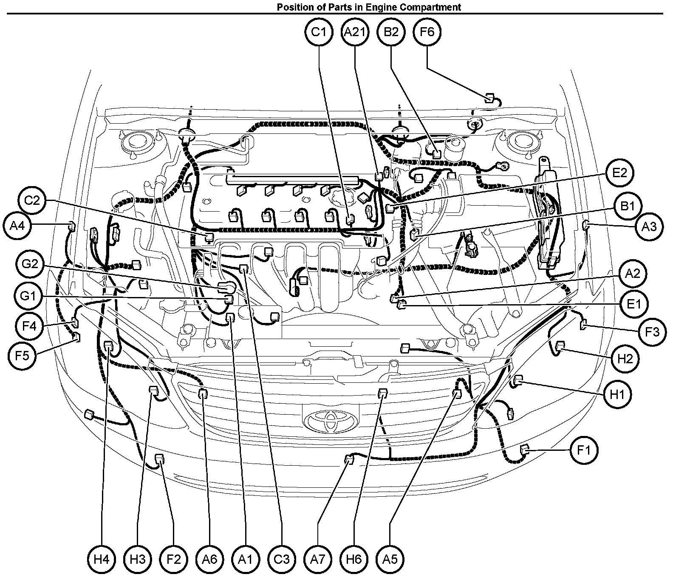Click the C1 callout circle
point(319,32)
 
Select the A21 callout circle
point(355,32)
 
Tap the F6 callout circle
point(427,32)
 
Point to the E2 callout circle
point(620,173)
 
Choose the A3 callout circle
point(649,226)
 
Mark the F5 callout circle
point(22,355)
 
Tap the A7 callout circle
point(318,559)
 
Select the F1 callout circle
point(584,450)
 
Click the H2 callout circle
point(625,359)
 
